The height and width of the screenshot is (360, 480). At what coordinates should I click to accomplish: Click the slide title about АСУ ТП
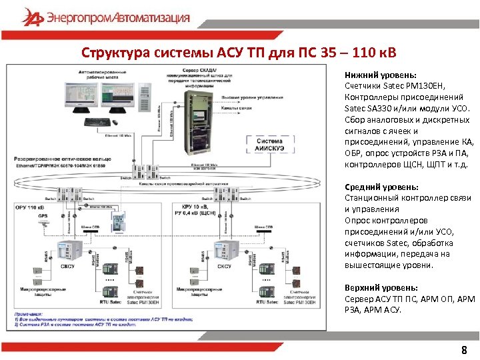(x=239, y=53)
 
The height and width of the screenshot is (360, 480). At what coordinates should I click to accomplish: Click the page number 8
(x=464, y=351)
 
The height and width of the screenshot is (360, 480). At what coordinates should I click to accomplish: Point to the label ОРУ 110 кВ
(x=29, y=208)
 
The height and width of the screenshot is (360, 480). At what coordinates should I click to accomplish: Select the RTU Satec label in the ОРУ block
(x=106, y=302)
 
